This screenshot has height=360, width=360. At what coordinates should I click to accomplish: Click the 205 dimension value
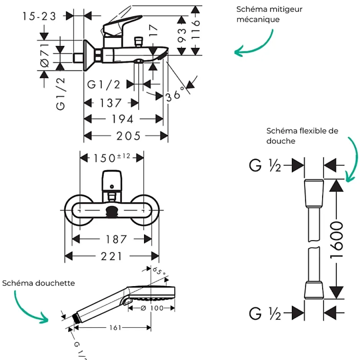pos(128,136)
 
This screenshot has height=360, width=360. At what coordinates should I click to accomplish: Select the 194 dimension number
pos(123,119)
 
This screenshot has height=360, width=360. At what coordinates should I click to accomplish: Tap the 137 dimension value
pos(110,103)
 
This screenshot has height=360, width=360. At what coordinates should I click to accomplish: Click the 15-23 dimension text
pos(39,16)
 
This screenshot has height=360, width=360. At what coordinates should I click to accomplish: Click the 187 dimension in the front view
pos(116,239)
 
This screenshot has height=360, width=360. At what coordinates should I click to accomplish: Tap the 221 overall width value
pos(111,256)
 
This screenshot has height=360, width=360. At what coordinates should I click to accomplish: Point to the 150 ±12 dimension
pos(112,158)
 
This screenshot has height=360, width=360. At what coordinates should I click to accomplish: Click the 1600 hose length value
pos(336,240)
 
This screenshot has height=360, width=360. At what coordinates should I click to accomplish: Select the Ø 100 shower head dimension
pos(152,308)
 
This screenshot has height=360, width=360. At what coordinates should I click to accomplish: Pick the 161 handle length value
pos(115,327)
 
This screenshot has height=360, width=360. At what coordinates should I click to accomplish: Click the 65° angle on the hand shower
pos(159,271)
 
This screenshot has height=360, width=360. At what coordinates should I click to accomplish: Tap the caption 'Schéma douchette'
pos(39,283)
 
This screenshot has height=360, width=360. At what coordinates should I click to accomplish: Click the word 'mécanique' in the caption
pos(258,20)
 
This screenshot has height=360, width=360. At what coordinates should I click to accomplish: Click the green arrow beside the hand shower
pos(28,309)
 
